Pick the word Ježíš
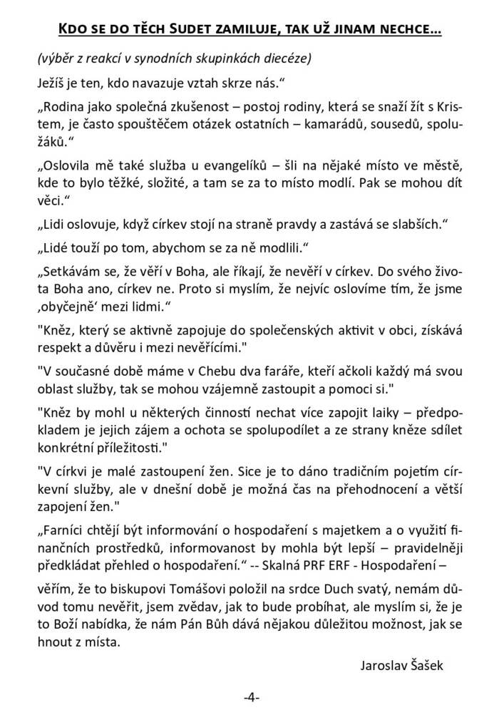point(50,83)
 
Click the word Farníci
point(65,532)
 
